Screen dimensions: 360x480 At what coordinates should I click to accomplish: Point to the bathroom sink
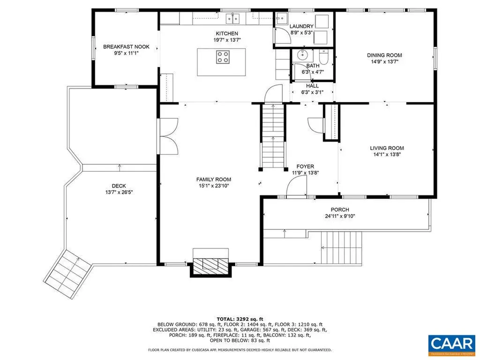[x=301, y=53]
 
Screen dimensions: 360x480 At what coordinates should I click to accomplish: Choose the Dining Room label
[x=384, y=55]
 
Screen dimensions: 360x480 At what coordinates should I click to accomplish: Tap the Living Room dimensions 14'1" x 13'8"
[x=387, y=154]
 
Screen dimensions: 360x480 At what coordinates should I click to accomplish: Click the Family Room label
[x=213, y=179]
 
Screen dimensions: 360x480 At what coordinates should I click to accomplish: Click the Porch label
[x=340, y=210]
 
